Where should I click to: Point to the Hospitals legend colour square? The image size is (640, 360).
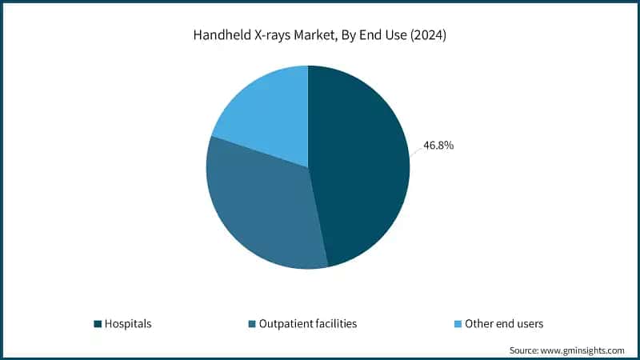click(98, 324)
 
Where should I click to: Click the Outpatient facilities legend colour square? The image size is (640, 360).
click(252, 324)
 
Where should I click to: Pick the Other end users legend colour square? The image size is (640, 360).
click(458, 324)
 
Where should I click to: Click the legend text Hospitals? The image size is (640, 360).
click(128, 324)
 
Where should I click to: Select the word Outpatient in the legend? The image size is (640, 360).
click(286, 324)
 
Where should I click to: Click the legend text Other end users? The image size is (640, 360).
click(504, 324)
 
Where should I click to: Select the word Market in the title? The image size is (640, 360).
click(314, 35)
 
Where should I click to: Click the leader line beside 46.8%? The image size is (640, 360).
click(416, 151)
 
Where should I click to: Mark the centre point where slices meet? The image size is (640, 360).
click(308, 167)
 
